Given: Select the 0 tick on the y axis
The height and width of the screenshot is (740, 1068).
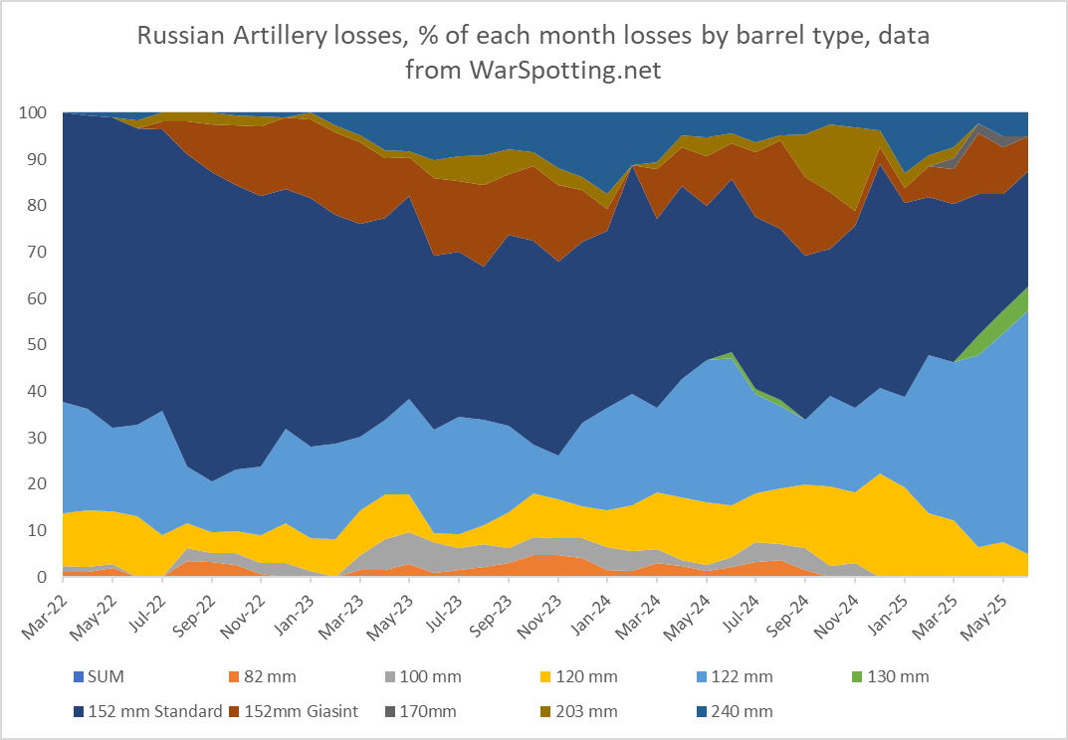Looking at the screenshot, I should (x=42, y=577).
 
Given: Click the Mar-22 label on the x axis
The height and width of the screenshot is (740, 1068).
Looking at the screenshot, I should (x=42, y=609).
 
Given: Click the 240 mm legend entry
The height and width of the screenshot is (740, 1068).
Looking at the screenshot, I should (x=744, y=711).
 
